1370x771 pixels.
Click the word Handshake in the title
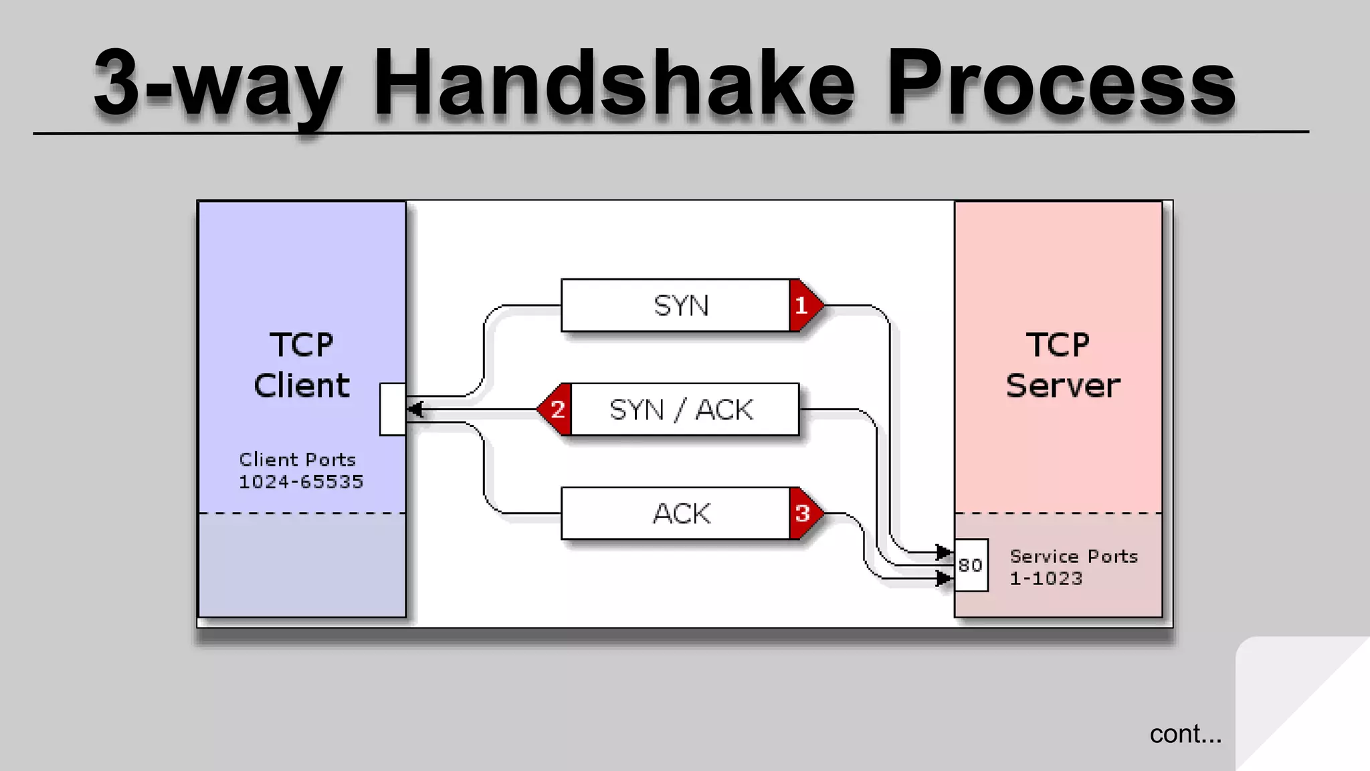[613, 85]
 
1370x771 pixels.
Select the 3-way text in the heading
[217, 85]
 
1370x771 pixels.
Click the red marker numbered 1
[803, 306]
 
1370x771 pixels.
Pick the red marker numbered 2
[556, 409]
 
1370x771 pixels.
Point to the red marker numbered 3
[803, 513]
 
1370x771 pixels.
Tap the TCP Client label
[302, 365]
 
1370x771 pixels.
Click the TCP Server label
[1062, 365]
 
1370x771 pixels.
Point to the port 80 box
[971, 566]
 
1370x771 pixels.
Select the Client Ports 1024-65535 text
[300, 470]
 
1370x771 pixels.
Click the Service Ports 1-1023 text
[1073, 567]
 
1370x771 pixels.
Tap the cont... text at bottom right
[1185, 734]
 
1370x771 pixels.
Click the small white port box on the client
[392, 409]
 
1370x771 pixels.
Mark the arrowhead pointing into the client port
[415, 409]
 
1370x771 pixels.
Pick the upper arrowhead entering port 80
[944, 552]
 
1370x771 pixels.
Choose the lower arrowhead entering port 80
[944, 578]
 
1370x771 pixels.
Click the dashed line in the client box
[302, 513]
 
